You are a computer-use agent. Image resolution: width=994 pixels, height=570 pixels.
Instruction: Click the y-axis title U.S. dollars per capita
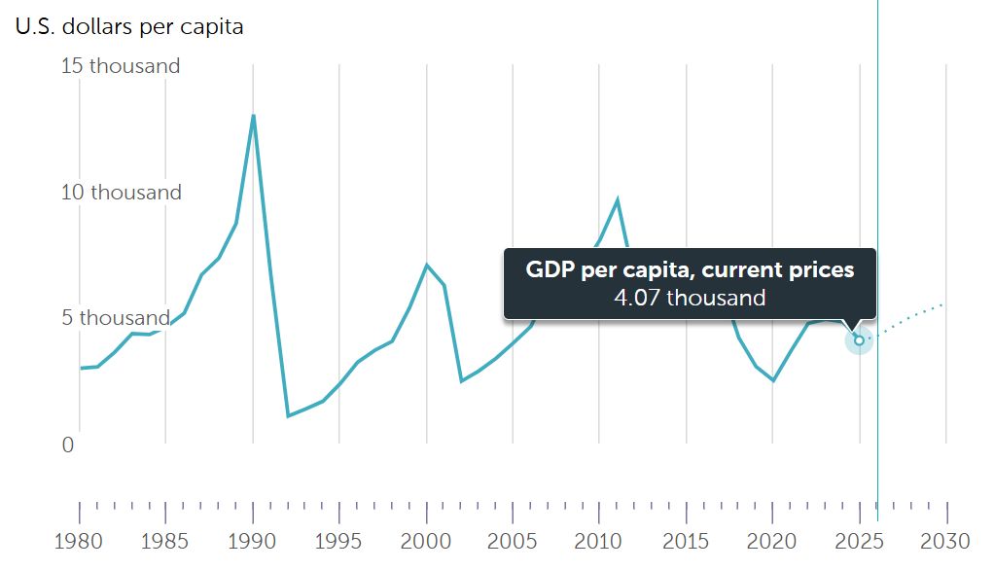click(129, 27)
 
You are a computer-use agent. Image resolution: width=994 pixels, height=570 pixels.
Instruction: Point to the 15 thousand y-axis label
click(122, 66)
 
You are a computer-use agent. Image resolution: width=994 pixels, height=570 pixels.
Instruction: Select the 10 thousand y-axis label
click(122, 193)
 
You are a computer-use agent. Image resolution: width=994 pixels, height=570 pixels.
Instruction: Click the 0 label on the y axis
click(68, 445)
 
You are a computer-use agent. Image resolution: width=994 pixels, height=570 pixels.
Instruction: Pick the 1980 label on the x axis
click(80, 541)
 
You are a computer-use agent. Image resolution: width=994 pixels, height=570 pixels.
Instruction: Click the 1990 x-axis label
click(253, 541)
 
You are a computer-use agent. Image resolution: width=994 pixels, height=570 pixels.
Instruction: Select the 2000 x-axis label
click(427, 541)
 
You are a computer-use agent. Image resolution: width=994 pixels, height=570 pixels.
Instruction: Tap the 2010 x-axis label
click(600, 541)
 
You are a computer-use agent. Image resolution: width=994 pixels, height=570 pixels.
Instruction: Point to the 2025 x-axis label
click(860, 541)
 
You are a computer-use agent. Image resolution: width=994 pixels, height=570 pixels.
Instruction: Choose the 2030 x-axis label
click(946, 541)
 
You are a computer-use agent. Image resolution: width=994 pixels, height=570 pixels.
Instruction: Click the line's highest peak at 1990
click(253, 116)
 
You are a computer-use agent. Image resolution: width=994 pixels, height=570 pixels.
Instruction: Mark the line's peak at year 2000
click(427, 265)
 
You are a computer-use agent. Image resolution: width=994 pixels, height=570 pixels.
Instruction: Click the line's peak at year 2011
click(617, 199)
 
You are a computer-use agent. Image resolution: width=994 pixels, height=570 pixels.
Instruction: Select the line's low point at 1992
click(288, 416)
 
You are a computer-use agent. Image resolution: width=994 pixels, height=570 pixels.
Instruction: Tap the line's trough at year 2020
click(773, 380)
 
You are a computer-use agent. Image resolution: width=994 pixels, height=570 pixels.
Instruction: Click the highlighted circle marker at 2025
click(859, 340)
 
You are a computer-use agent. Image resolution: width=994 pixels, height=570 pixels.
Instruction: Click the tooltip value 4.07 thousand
click(690, 298)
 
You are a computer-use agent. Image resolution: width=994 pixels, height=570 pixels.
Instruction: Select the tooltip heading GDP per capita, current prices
click(690, 269)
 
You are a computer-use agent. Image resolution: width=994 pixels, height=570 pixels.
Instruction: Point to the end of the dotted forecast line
click(944, 304)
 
